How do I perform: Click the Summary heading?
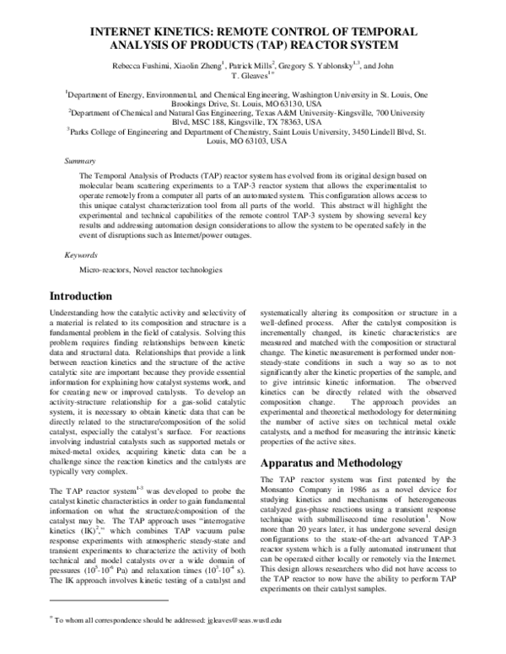coord(81,159)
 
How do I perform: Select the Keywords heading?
coord(83,254)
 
